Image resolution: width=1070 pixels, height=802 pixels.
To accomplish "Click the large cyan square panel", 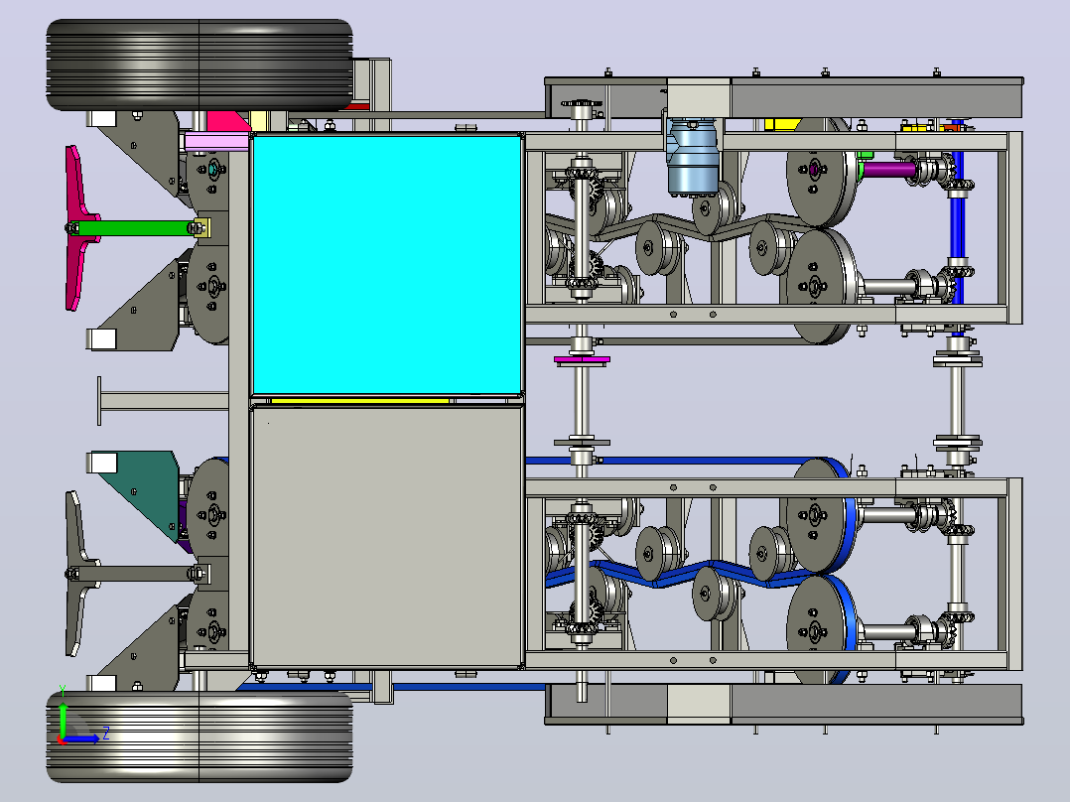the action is (x=387, y=265).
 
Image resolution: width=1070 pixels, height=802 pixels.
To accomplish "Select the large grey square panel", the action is (x=387, y=537).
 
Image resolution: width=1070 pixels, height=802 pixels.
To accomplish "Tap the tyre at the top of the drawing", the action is (x=200, y=65).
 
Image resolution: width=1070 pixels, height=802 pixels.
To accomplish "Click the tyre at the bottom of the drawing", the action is (x=200, y=737).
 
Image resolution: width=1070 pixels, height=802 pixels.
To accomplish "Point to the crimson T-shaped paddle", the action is (x=77, y=228).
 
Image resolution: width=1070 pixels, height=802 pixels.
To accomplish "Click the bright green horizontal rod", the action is (x=137, y=228).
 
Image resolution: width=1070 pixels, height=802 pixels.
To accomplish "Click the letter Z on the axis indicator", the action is (x=106, y=734).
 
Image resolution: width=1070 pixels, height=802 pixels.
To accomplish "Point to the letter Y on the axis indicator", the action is (x=63, y=691).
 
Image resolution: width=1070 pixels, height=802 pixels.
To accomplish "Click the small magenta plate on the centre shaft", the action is (x=582, y=359).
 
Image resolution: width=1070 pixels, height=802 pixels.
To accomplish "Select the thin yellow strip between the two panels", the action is (x=359, y=401).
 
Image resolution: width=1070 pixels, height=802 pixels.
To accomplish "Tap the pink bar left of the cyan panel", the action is (x=216, y=143).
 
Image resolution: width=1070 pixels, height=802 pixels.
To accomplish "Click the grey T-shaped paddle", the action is (x=77, y=574).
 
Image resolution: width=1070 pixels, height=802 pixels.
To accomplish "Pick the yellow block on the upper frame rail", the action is (x=782, y=124).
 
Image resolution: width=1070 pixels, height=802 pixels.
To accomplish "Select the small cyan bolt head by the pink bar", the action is (x=212, y=168).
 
